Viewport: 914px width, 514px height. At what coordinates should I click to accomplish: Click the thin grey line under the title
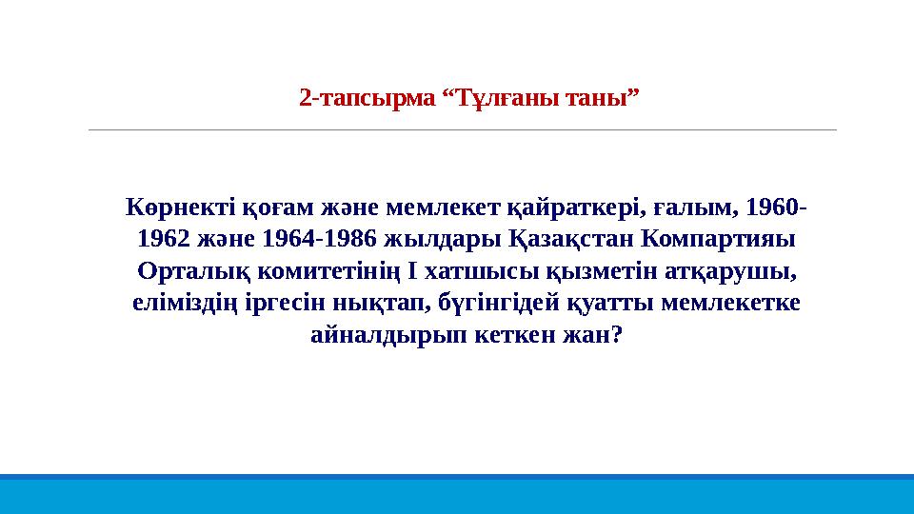point(462,129)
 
